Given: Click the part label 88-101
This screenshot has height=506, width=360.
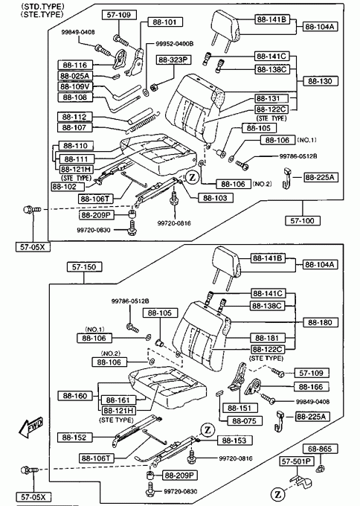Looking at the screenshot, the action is tap(165, 22).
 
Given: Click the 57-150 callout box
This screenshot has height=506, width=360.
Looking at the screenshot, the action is tap(84, 267).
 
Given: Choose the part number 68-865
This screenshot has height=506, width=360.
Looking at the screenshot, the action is tap(320, 449).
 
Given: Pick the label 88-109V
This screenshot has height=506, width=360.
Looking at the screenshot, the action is tap(75, 86).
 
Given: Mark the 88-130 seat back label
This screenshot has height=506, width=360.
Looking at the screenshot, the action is tap(320, 81).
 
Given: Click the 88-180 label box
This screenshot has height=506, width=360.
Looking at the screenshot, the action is tap(320, 322).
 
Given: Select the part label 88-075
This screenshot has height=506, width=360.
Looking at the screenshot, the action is tap(245, 421).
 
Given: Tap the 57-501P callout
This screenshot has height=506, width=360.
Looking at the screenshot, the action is tap(297, 461).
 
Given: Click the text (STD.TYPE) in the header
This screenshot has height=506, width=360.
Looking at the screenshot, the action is tap(42, 7).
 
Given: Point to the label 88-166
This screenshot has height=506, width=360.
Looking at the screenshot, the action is tap(311, 387).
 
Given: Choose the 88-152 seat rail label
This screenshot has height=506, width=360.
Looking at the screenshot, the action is tap(75, 438).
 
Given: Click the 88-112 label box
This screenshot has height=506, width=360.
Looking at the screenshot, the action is tap(75, 117).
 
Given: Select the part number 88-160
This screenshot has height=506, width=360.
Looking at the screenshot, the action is tap(75, 396).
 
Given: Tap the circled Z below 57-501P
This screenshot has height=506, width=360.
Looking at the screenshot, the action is tap(277, 494).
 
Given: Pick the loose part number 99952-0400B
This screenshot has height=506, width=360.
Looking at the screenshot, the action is tap(175, 44).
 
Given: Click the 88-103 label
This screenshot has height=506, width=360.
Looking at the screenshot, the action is tap(216, 198).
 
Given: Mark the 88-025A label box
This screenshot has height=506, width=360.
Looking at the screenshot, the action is tap(75, 76).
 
